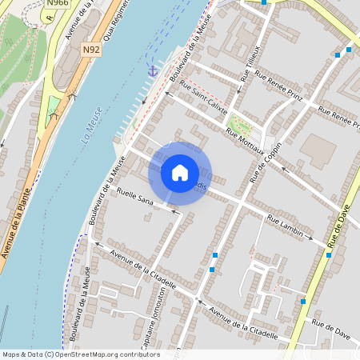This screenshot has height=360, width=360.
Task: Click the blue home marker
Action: tap(180, 172)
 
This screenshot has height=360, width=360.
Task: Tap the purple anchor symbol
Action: tap(151, 71)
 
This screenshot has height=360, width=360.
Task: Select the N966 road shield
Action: tap(57, 3)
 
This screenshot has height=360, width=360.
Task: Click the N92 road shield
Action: tap(91, 49)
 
